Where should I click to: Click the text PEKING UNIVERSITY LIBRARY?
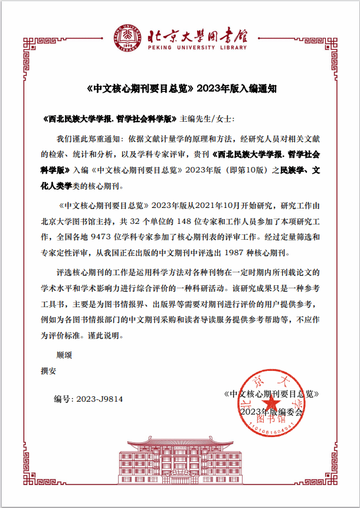199,47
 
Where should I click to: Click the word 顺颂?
64,356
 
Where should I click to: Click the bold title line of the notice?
181,90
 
